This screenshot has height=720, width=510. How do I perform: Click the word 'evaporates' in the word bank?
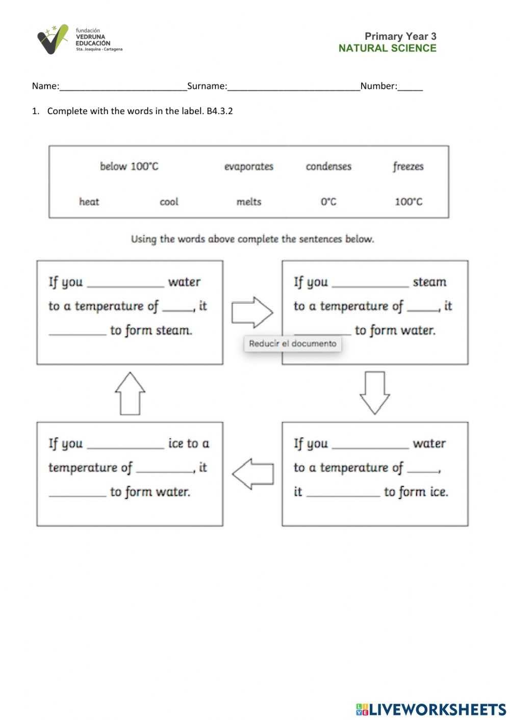pyautogui.click(x=249, y=167)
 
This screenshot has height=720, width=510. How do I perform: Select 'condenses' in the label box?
pyautogui.click(x=328, y=167)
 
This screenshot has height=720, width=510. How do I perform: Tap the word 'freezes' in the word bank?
pyautogui.click(x=408, y=167)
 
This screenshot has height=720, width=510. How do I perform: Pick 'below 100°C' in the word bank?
pyautogui.click(x=129, y=167)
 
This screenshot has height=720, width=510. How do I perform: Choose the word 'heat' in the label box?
pyautogui.click(x=89, y=202)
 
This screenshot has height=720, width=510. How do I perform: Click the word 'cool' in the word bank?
pyautogui.click(x=169, y=202)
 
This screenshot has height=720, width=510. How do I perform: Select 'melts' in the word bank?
pyautogui.click(x=249, y=202)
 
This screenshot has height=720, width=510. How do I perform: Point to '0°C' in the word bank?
pyautogui.click(x=328, y=202)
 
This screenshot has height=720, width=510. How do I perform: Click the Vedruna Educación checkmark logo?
pyautogui.click(x=53, y=39)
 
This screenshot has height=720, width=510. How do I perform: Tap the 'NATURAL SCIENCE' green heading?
pyautogui.click(x=387, y=48)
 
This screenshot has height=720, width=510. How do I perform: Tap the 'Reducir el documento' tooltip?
pyautogui.click(x=293, y=344)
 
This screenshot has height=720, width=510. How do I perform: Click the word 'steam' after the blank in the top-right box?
pyautogui.click(x=429, y=282)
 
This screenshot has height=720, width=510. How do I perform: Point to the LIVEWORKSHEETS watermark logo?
pyautogui.click(x=431, y=709)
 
